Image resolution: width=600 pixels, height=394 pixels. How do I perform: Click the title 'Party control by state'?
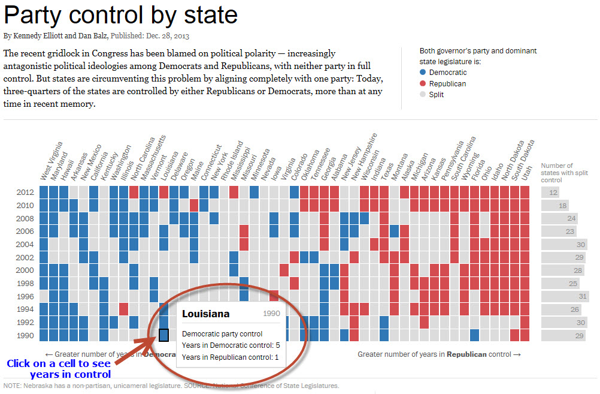point(120,14)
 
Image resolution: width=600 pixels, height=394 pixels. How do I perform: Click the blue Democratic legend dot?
point(423,73)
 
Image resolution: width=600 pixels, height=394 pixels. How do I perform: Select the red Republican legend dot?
point(423,84)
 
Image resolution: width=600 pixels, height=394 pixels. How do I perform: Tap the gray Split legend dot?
point(423,95)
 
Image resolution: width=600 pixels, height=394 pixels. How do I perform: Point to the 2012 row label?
point(26,193)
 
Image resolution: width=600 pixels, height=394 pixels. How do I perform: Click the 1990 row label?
point(26,336)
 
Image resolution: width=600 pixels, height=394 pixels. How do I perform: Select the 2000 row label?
point(26,270)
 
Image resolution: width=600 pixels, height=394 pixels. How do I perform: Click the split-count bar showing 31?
point(568,297)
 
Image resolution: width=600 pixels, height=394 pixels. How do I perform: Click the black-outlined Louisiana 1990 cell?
point(163,335)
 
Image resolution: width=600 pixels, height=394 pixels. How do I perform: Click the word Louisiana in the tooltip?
point(205,314)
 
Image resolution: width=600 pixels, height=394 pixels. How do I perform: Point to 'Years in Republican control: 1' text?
point(231,357)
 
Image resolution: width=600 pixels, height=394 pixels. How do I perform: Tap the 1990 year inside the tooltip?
point(271,314)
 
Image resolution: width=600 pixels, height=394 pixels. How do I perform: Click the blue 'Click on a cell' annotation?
point(58,369)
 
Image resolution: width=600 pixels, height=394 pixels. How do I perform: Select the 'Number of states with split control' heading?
point(557,173)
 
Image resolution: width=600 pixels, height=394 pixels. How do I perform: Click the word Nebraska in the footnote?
point(39,386)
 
